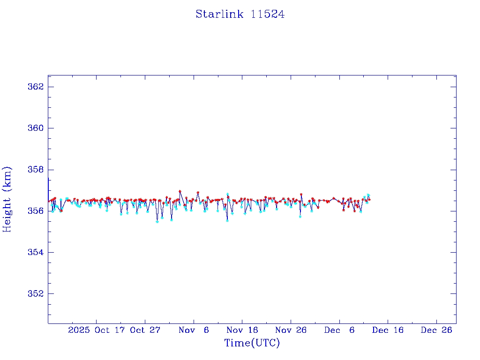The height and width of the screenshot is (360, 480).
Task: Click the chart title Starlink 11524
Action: coord(240,15)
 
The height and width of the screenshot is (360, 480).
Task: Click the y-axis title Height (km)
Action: coord(7,199)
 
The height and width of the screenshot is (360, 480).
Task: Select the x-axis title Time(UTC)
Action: coord(252,343)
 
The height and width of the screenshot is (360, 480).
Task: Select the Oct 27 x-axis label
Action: coord(145,330)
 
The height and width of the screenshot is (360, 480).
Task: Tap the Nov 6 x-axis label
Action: coord(194,330)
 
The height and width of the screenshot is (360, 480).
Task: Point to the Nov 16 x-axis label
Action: coord(242,330)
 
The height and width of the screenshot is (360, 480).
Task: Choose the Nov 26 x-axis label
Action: coord(291,330)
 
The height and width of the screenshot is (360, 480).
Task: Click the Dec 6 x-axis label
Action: coord(339,330)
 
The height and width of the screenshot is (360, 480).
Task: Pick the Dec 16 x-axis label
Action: coord(388,330)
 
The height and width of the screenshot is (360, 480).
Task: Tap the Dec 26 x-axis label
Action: coord(436,330)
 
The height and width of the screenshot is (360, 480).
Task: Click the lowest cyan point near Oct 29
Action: coord(157,222)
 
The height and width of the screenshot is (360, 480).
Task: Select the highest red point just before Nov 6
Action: coord(180,191)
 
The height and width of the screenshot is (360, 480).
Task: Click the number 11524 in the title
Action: coord(268,15)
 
